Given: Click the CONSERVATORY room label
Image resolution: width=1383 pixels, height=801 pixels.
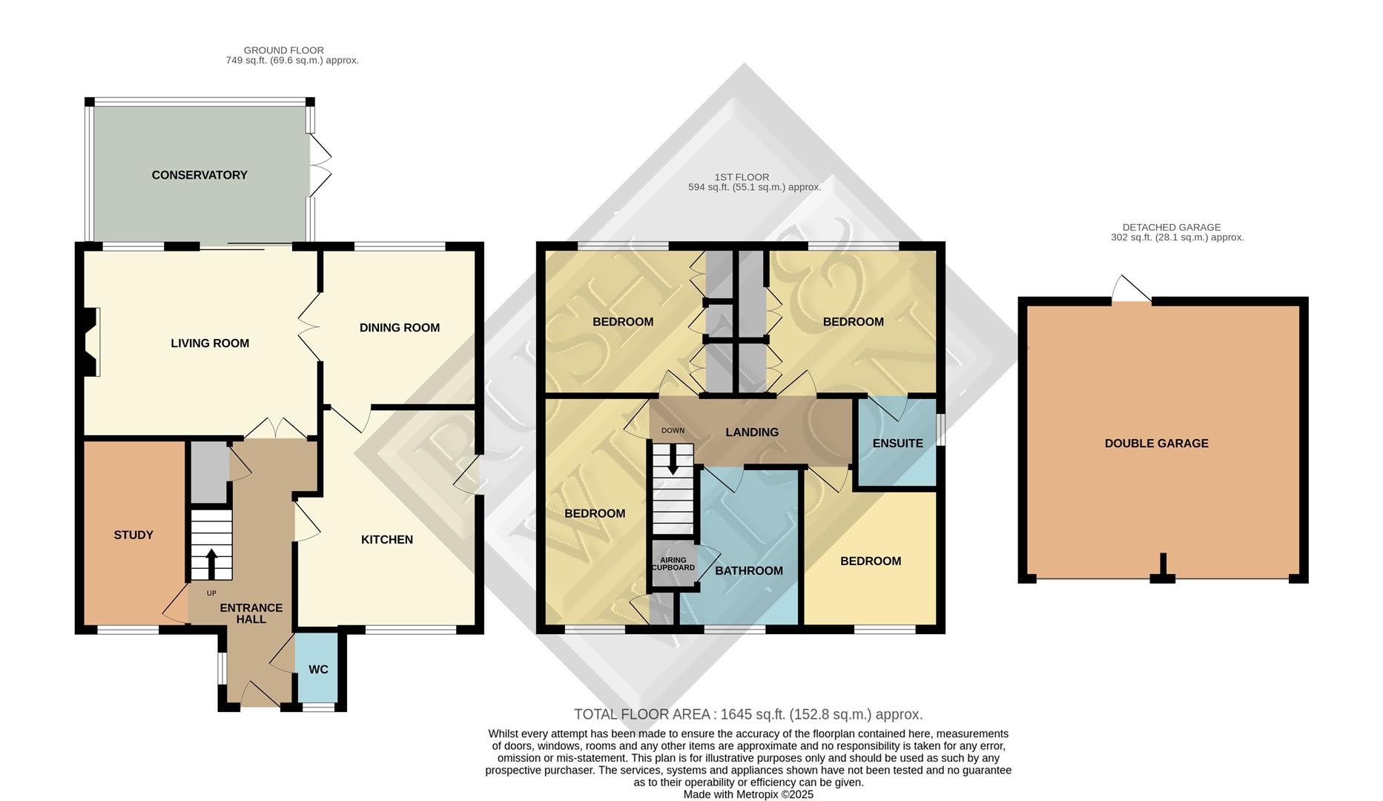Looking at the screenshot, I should pyautogui.click(x=199, y=175).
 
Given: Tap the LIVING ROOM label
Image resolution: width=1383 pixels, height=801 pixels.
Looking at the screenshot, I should pyautogui.click(x=210, y=343).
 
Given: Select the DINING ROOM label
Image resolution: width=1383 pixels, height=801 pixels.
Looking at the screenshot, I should pyautogui.click(x=400, y=328).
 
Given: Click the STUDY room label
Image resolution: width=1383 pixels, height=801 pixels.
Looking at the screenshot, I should pyautogui.click(x=133, y=535).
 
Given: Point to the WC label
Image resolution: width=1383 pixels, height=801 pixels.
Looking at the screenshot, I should pyautogui.click(x=318, y=670).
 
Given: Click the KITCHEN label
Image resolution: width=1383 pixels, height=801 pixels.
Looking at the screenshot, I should pyautogui.click(x=387, y=540).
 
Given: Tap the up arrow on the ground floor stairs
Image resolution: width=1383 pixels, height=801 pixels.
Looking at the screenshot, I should pyautogui.click(x=211, y=564).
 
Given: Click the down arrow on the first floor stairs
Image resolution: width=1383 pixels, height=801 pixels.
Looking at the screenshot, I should pyautogui.click(x=673, y=461).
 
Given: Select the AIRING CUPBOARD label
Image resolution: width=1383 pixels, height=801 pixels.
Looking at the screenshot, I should pyautogui.click(x=673, y=564).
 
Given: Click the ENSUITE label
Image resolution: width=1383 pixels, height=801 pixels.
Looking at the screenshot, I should pyautogui.click(x=897, y=444).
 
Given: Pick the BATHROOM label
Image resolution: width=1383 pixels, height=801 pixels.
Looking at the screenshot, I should pyautogui.click(x=749, y=571).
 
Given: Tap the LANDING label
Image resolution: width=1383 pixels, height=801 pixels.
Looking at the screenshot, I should pyautogui.click(x=752, y=432).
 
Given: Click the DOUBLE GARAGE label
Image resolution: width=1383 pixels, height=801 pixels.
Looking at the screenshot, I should pyautogui.click(x=1156, y=444).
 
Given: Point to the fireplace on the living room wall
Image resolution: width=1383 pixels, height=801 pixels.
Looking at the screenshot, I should pyautogui.click(x=91, y=343).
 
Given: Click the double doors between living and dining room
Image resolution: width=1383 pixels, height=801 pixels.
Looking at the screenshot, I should pyautogui.click(x=309, y=327).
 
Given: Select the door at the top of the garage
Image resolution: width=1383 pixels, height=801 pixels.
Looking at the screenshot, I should pyautogui.click(x=1132, y=290).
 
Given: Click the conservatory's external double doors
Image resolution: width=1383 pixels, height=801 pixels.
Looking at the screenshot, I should pyautogui.click(x=320, y=165).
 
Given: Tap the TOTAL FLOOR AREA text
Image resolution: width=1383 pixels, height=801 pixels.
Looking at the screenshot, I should pyautogui.click(x=748, y=715).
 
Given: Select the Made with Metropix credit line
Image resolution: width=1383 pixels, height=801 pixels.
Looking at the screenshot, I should pyautogui.click(x=748, y=794).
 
